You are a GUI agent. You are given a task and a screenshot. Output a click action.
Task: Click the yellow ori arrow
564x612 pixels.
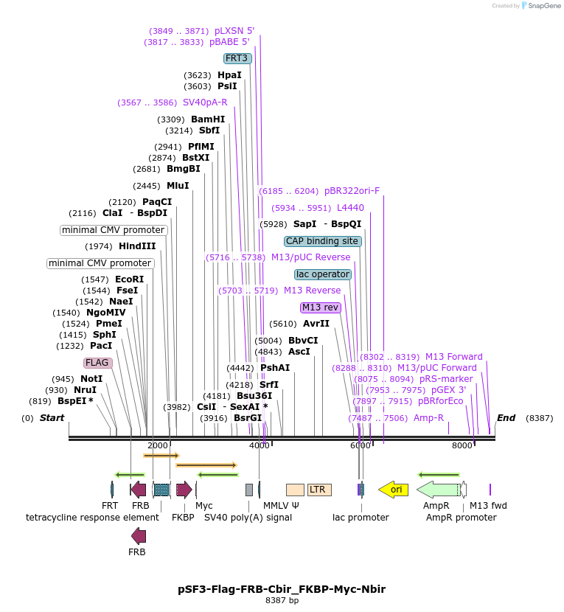(394, 489)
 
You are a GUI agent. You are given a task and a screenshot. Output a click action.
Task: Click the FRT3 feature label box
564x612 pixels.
(237, 58)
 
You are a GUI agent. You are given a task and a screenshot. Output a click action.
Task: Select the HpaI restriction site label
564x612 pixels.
(229, 75)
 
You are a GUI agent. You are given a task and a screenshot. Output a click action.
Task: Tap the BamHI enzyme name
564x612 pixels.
(208, 119)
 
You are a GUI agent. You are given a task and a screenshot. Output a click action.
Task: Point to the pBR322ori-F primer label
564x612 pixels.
(352, 191)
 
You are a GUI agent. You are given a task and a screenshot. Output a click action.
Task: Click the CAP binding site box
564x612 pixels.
(322, 241)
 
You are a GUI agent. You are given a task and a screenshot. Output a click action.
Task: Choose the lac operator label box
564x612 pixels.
(323, 274)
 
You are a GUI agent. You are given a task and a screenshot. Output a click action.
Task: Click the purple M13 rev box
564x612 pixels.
(320, 307)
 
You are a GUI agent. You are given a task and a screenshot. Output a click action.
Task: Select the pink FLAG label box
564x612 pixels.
(97, 363)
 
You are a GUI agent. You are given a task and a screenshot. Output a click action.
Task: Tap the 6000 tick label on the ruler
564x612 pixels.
(360, 445)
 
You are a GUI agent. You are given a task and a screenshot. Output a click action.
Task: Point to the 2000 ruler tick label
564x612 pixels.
(157, 445)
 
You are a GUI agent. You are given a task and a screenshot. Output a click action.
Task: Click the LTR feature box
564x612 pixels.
(319, 490)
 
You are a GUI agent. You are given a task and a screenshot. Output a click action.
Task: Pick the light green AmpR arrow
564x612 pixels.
(438, 489)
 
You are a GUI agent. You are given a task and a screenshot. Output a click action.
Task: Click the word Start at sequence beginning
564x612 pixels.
(52, 418)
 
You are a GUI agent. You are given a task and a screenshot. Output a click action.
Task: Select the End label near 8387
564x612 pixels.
(506, 418)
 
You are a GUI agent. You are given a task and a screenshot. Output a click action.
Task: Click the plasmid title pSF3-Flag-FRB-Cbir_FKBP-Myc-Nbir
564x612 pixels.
(282, 589)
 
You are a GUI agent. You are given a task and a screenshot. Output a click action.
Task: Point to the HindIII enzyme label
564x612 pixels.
(137, 246)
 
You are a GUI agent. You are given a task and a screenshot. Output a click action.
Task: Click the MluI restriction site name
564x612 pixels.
(178, 186)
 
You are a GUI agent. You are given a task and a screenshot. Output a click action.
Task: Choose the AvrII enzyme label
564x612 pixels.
(316, 324)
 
